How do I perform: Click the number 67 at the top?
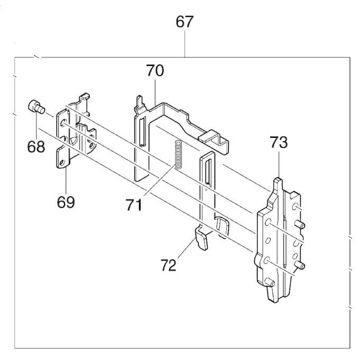click(x=184, y=23)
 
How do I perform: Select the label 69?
click(x=66, y=201)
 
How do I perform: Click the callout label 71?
click(x=134, y=203)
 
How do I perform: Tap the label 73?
click(x=279, y=142)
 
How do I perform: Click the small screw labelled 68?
click(x=34, y=106)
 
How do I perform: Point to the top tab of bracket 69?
click(x=83, y=97)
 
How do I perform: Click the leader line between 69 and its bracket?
click(x=65, y=182)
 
